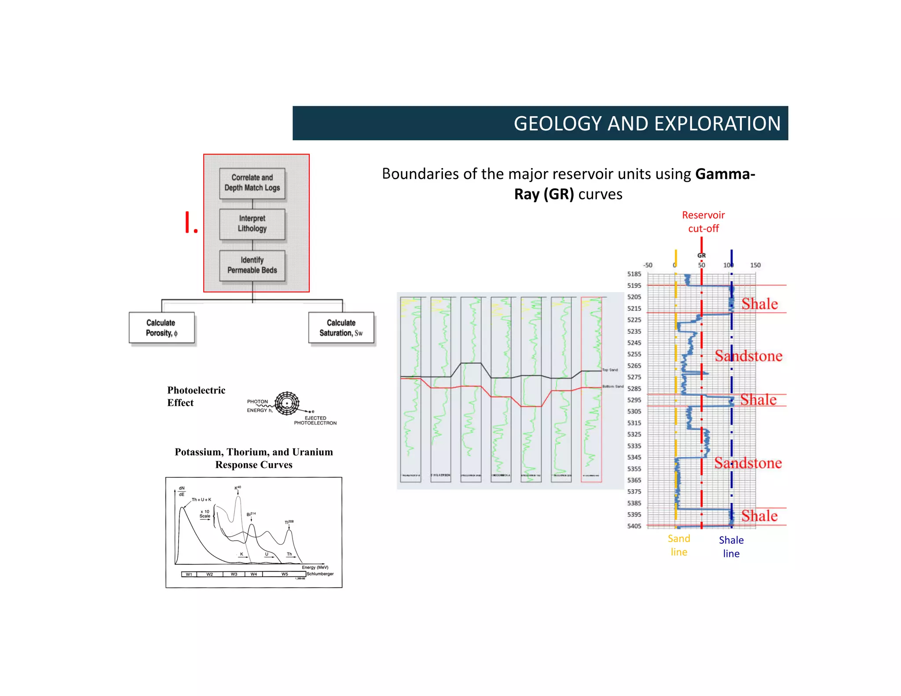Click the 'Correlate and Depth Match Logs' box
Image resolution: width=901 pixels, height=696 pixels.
click(x=252, y=183)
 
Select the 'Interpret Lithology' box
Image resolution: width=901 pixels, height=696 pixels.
click(x=252, y=224)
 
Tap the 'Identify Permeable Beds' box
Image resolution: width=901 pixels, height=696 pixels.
click(x=252, y=265)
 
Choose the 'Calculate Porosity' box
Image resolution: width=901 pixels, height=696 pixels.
click(x=161, y=328)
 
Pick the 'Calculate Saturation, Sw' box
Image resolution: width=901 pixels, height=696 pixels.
click(x=341, y=328)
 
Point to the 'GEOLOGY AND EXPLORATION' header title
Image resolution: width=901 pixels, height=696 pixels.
click(x=647, y=124)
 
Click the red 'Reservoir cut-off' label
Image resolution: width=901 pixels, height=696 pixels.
click(x=703, y=222)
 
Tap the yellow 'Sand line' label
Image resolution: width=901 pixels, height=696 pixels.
click(x=679, y=545)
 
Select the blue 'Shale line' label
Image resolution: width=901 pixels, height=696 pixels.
click(x=731, y=547)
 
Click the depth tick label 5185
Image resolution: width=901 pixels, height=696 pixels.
click(x=634, y=274)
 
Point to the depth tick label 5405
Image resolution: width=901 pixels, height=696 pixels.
click(x=634, y=526)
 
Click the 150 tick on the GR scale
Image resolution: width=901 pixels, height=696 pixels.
click(x=755, y=265)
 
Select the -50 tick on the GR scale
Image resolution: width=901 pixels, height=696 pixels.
click(x=648, y=265)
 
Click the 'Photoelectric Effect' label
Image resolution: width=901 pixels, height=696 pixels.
click(x=196, y=396)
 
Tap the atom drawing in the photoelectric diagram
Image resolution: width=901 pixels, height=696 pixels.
click(x=287, y=403)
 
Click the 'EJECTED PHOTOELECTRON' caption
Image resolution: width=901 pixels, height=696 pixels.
click(x=315, y=421)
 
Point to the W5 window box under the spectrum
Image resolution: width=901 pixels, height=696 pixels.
click(x=285, y=574)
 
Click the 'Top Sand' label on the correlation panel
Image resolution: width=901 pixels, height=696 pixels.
click(x=610, y=370)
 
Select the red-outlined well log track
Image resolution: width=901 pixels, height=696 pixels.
click(x=591, y=389)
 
